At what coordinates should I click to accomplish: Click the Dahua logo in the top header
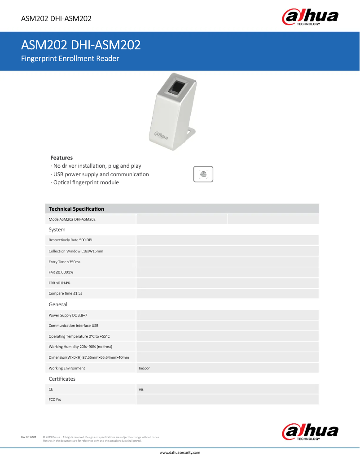(x=310, y=17)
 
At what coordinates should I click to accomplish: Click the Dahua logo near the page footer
(x=310, y=432)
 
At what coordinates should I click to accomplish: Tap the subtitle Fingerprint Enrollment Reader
(x=70, y=58)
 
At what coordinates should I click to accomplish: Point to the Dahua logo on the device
(x=162, y=135)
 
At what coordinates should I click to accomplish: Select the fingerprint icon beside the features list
(x=203, y=174)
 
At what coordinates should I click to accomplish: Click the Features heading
(x=61, y=158)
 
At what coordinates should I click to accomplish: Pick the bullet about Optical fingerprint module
(x=85, y=183)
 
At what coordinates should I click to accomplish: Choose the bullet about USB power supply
(x=100, y=174)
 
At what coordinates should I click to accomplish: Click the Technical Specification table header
(x=76, y=209)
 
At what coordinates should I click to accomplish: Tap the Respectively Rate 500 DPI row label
(x=70, y=240)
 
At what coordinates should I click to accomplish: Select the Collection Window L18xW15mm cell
(x=76, y=251)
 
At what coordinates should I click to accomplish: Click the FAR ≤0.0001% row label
(x=61, y=272)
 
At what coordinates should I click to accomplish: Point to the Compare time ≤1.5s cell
(x=66, y=294)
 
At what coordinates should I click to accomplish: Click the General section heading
(x=58, y=304)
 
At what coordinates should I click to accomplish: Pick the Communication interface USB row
(x=74, y=326)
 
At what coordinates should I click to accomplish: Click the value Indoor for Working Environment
(x=144, y=368)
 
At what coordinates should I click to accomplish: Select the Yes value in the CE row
(x=141, y=390)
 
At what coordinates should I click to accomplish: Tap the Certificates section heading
(x=62, y=379)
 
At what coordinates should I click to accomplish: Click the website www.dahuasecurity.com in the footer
(x=180, y=453)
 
